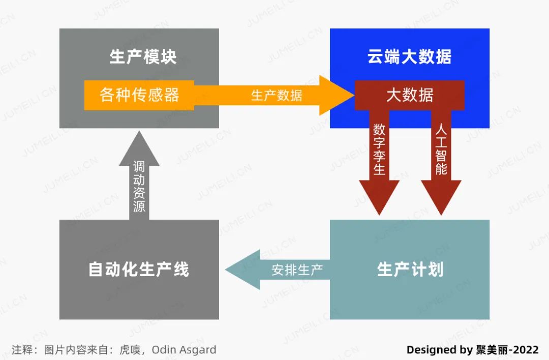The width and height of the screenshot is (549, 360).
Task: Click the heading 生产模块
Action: [143, 56]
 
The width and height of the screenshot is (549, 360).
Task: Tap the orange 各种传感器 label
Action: [139, 95]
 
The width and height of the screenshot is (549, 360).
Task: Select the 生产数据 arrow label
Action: [276, 95]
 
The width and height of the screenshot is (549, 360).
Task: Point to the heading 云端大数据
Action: [409, 56]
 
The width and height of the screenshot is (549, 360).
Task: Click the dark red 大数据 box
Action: [410, 95]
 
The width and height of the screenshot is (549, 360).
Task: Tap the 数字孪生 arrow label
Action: [379, 149]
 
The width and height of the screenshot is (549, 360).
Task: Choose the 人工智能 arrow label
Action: [441, 149]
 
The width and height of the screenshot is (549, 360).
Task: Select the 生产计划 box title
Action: [410, 269]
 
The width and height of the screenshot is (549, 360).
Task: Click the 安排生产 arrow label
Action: [297, 269]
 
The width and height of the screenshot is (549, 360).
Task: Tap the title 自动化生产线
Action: [139, 269]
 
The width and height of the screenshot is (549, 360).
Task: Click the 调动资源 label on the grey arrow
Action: [139, 187]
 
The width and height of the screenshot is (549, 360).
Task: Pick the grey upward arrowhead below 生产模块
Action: [139, 147]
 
